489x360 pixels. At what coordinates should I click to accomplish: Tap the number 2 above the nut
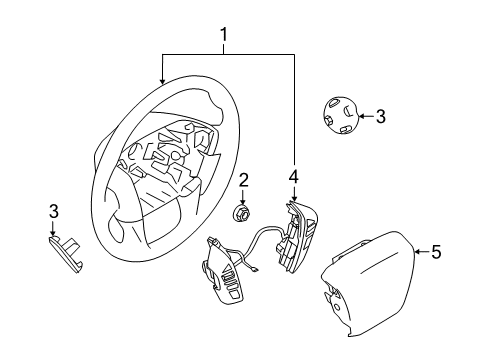tap(243, 180)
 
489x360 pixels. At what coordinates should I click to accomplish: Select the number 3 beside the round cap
tap(380, 116)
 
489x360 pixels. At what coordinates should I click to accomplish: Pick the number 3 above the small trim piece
tap(54, 211)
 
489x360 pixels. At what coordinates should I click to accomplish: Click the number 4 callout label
tap(293, 177)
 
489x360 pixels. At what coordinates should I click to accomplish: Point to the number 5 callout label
tap(435, 252)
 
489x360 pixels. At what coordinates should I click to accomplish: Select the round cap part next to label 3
tap(342, 117)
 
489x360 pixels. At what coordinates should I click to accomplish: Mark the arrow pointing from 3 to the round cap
tap(364, 116)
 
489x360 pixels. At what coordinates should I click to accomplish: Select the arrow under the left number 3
tap(55, 227)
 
